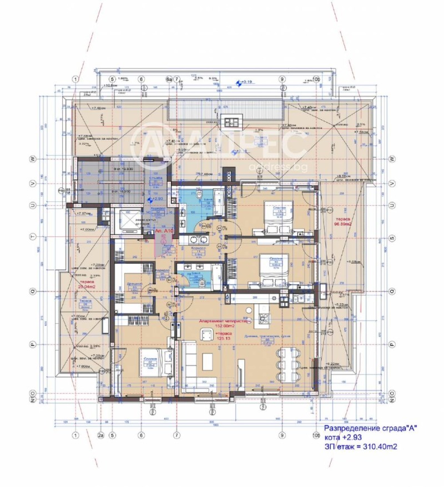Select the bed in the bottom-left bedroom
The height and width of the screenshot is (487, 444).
[x=150, y=361]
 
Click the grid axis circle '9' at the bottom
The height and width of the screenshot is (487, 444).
[x=281, y=435]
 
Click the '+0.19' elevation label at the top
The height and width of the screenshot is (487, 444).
[x=244, y=83]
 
